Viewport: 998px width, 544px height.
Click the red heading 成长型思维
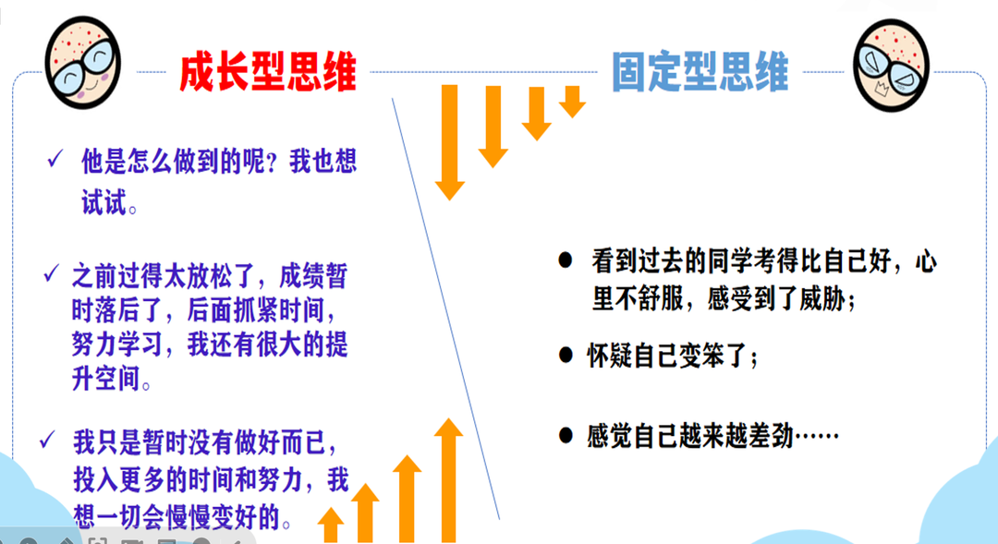point(267,72)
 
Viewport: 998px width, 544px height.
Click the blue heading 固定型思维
point(700,71)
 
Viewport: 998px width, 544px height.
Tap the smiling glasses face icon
point(83,63)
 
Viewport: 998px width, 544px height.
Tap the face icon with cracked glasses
point(891,65)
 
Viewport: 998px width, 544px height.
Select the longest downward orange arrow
point(450,142)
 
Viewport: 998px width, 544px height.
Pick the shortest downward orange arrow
point(573,102)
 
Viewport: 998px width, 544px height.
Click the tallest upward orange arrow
point(449,480)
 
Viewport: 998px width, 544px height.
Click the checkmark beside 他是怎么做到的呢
point(55,158)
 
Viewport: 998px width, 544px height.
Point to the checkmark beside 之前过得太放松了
point(51,273)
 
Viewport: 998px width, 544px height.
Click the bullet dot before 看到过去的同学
point(566,260)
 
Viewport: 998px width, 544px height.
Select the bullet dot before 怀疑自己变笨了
point(566,355)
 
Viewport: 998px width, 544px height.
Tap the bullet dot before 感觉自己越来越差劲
point(566,435)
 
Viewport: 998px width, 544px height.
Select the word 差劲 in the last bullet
point(772,437)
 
